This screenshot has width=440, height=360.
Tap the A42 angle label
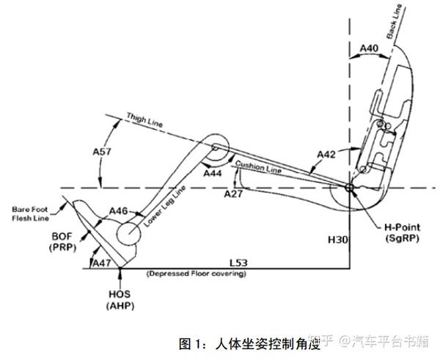point(327,154)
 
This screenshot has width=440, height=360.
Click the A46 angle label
point(118,211)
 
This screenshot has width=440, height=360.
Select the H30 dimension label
point(337,240)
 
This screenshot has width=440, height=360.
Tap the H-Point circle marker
point(348,187)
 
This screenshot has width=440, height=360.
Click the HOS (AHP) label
point(119,298)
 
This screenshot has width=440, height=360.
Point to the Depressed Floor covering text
point(197,274)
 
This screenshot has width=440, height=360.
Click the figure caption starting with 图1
point(249,342)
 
